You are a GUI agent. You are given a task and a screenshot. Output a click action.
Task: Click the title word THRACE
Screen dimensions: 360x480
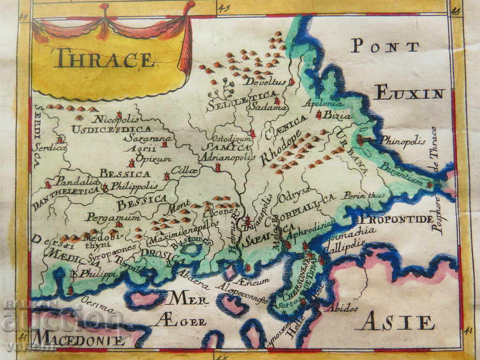point(104,60)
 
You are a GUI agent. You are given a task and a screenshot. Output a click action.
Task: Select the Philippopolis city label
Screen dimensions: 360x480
point(134,186)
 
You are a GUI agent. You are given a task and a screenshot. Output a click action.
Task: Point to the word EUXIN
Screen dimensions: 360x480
point(410,93)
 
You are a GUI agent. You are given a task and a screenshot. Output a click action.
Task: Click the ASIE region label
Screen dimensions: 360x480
point(397,322)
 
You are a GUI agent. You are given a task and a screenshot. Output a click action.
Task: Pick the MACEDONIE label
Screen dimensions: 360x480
point(79,338)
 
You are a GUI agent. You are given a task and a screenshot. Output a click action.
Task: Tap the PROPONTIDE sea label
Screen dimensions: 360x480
point(396,219)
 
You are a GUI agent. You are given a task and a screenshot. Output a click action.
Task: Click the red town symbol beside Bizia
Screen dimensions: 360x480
point(319,114)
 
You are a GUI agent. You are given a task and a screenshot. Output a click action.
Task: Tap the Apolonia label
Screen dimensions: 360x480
point(323,103)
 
